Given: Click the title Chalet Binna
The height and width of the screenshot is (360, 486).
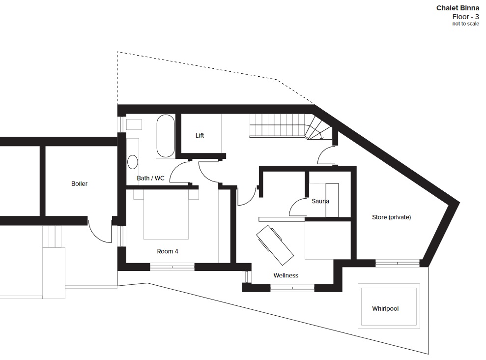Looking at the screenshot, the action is (457, 8).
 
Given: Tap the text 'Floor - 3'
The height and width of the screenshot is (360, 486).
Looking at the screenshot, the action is (465, 17).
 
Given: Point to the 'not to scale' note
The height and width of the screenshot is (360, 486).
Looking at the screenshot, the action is (465, 24).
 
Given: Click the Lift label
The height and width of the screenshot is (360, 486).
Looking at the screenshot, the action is (200, 136).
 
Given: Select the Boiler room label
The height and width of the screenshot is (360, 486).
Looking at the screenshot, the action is (79, 183).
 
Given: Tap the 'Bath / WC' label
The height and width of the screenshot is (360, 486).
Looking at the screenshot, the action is (151, 179).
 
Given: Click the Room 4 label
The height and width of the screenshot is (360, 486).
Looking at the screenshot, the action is (168, 251).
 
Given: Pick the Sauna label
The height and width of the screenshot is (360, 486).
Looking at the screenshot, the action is (320, 201).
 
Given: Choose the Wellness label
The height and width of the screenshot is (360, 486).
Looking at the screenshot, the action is (286, 275).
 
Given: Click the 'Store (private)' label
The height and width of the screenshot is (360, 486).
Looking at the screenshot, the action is (392, 217).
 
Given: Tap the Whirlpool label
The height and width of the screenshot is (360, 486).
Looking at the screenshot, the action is (385, 308).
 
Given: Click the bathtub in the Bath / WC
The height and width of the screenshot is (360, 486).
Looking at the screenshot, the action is (166, 136).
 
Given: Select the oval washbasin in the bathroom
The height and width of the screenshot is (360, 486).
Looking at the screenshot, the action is (133, 162).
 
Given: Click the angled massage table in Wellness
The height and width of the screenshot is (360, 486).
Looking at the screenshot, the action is (275, 245).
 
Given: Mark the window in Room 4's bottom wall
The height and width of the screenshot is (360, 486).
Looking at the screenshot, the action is (172, 267).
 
